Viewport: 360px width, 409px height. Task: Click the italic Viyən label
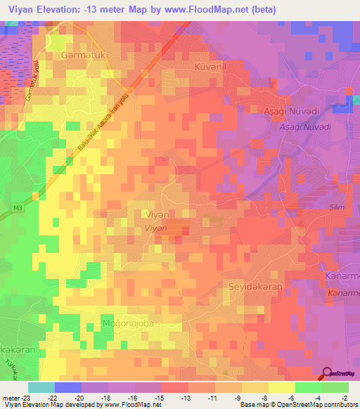pos(156,228)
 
